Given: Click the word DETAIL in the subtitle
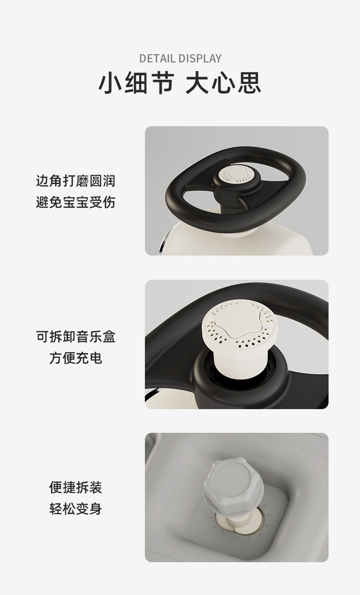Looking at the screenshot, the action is coord(157,58).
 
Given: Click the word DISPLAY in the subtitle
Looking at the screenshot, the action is coord(200,58).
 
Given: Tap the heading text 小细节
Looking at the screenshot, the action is coord(137,82).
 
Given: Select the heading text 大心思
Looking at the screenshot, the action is coord(223,82).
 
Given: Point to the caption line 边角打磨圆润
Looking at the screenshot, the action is coord(76,181).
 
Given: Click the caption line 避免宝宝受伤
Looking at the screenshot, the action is coord(76,202).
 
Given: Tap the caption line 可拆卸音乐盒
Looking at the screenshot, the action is coord(76,337).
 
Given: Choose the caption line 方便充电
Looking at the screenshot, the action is coord(76,358).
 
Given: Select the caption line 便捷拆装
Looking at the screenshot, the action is coord(76,487).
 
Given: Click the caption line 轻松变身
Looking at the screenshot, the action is coord(76,509).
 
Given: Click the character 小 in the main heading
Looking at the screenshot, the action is coord(109,82).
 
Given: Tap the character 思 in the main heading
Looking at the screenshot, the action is coord(249,82).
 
